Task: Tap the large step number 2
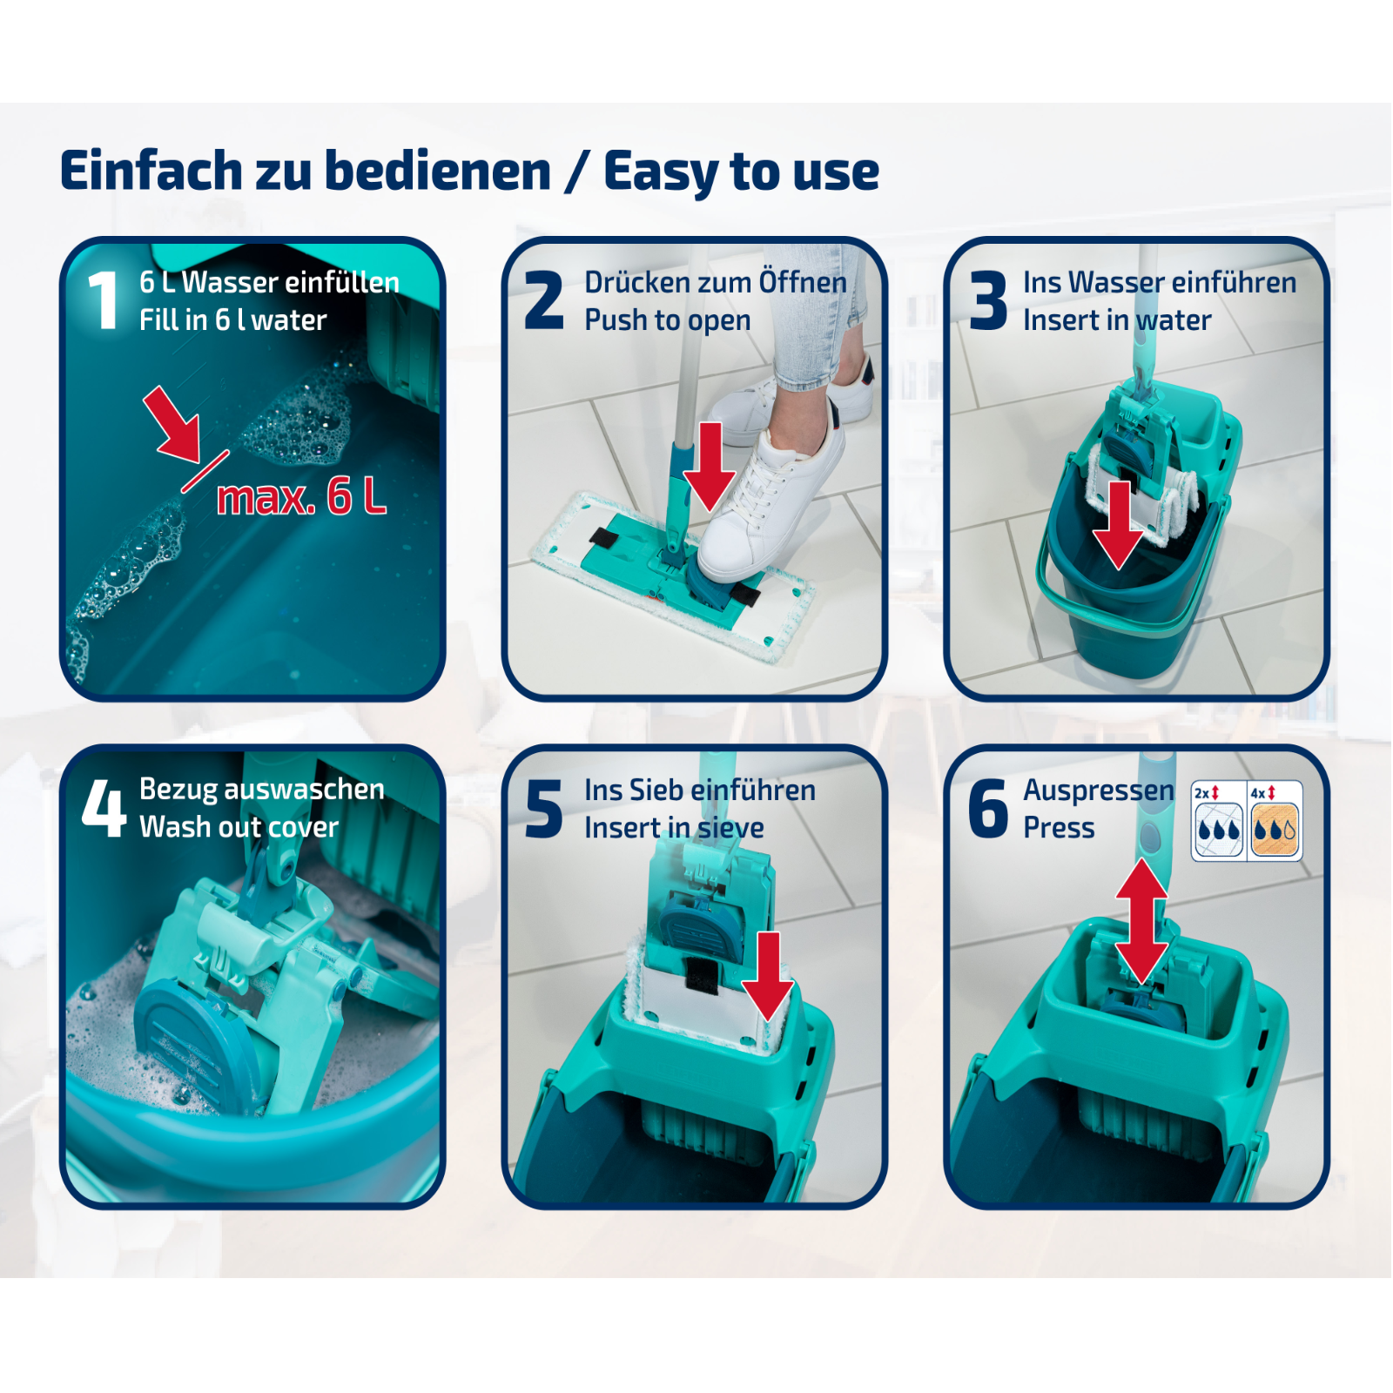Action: [x=544, y=299]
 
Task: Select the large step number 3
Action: [x=988, y=300]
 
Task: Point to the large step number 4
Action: [x=104, y=807]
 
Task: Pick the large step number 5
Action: [x=544, y=809]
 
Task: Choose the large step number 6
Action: [x=988, y=809]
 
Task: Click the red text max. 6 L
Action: [x=301, y=497]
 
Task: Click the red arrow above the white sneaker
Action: [x=710, y=467]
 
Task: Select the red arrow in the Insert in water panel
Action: [x=1118, y=526]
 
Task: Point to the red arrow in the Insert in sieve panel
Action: [x=768, y=976]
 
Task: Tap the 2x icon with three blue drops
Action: [x=1218, y=821]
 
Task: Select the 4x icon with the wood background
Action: [x=1275, y=821]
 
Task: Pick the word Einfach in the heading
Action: [x=151, y=170]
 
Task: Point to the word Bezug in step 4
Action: [x=178, y=790]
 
